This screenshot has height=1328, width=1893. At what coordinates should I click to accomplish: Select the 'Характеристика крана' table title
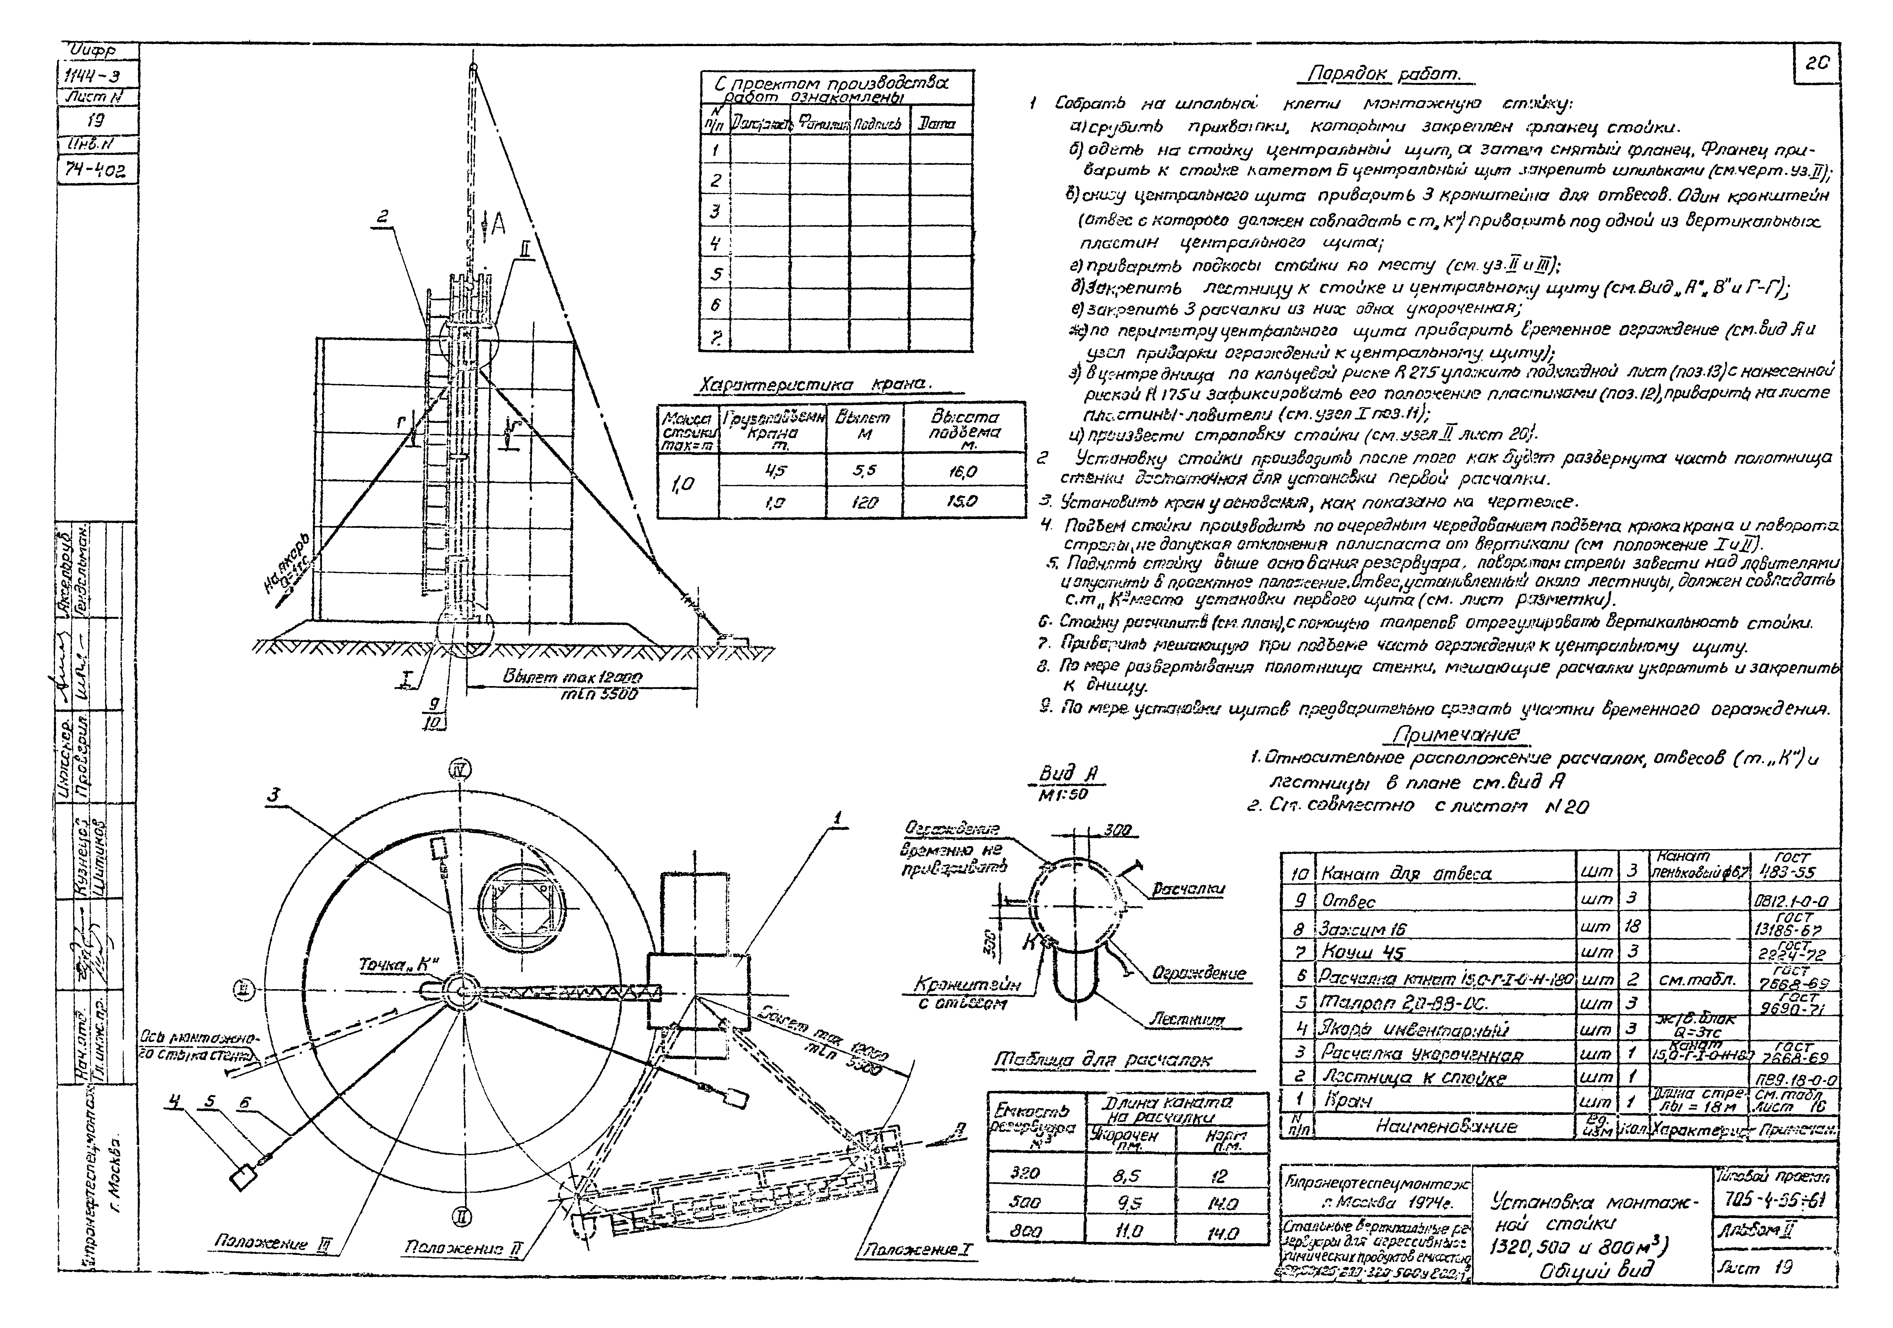(x=814, y=385)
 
